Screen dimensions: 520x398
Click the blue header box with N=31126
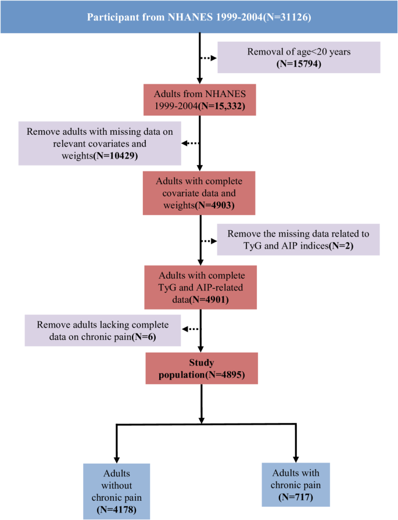tap(199, 16)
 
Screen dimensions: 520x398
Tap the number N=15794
tap(299, 64)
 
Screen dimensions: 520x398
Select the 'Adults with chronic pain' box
tap(296, 485)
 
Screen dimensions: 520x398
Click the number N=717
tap(295, 497)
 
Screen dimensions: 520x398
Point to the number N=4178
tap(116, 510)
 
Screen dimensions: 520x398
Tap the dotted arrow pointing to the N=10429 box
tap(191, 143)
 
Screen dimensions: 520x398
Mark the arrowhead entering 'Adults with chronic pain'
tap(296, 458)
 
